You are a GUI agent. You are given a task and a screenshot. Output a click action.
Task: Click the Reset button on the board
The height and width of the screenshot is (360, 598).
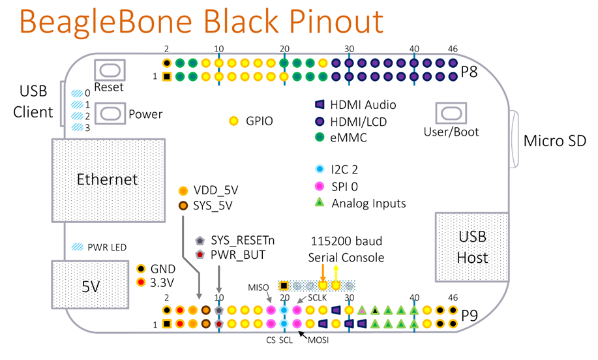(x=110, y=70)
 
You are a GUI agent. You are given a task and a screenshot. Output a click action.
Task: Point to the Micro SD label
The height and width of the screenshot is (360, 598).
(x=555, y=140)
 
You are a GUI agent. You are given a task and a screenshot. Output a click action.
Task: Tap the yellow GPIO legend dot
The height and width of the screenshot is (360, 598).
(x=235, y=121)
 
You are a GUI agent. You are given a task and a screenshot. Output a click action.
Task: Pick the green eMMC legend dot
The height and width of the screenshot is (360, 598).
(x=320, y=138)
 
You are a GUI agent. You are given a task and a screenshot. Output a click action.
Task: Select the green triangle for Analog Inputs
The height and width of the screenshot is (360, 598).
(x=320, y=203)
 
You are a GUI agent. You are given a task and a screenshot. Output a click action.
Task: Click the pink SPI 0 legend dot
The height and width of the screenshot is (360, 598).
(x=320, y=187)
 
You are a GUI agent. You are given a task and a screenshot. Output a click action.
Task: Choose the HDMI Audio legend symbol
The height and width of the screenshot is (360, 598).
(x=320, y=104)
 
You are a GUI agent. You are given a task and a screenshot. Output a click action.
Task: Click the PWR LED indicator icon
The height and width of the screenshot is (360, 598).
(x=78, y=247)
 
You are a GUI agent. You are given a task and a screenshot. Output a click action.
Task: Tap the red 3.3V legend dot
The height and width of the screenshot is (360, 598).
(x=141, y=282)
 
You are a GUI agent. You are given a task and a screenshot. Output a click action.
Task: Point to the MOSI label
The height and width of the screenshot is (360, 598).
(x=318, y=339)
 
